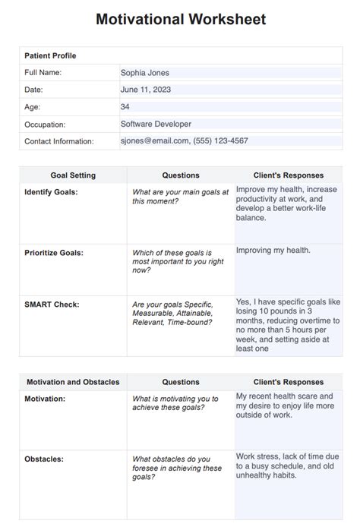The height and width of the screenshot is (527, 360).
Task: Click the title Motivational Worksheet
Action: (x=181, y=20)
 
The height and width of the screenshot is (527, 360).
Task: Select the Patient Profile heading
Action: (x=50, y=55)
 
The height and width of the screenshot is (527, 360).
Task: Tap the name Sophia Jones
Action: (x=145, y=73)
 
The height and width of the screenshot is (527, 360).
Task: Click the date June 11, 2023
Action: (x=146, y=90)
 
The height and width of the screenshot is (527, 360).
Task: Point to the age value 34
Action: (x=125, y=107)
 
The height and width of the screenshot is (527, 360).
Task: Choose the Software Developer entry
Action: (x=156, y=124)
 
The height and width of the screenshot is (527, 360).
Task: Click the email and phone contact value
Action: (x=184, y=140)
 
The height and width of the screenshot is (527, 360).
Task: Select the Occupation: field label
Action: (x=45, y=124)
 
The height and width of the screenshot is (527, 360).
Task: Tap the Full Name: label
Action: (x=43, y=73)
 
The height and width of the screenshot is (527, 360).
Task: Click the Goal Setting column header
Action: (x=73, y=175)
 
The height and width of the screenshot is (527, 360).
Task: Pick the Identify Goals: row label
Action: (x=51, y=192)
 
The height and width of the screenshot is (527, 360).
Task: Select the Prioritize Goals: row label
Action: (x=54, y=253)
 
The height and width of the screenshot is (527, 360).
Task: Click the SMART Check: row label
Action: (x=52, y=305)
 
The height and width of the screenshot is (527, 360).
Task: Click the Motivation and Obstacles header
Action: (x=73, y=382)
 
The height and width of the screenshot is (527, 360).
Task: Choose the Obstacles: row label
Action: (x=44, y=459)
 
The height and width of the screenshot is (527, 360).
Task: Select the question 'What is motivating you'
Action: (x=175, y=402)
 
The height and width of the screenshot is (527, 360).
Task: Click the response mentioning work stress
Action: (x=287, y=465)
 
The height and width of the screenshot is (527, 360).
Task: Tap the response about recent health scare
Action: (x=285, y=406)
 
